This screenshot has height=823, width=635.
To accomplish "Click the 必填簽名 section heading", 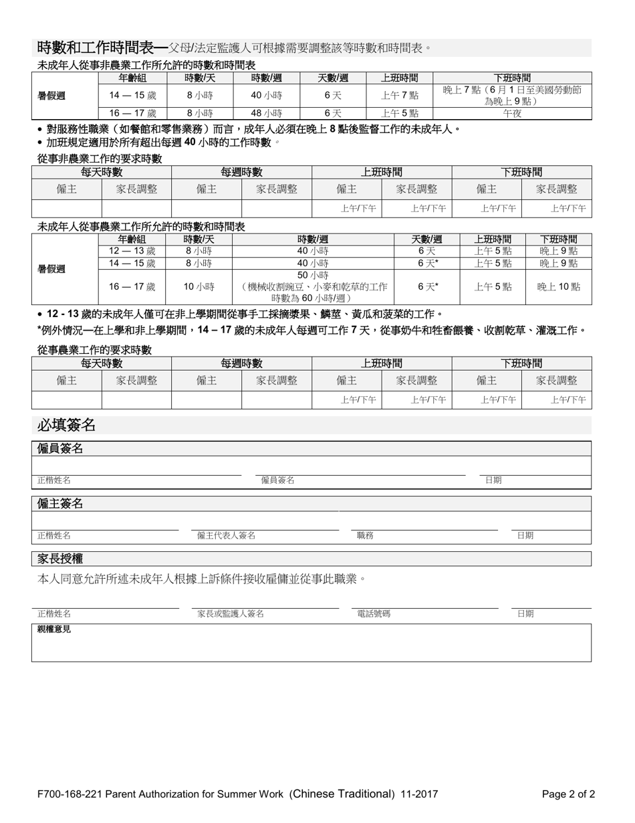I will pyautogui.click(x=67, y=425).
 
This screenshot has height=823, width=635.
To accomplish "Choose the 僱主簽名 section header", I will pyautogui.click(x=60, y=503).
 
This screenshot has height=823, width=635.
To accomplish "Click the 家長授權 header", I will pyautogui.click(x=60, y=558).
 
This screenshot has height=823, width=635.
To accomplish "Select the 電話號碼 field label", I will pyautogui.click(x=374, y=614).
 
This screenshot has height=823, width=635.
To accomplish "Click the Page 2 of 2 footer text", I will pyautogui.click(x=568, y=794).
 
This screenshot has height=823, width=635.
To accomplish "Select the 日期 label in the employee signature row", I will pyautogui.click(x=493, y=480).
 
